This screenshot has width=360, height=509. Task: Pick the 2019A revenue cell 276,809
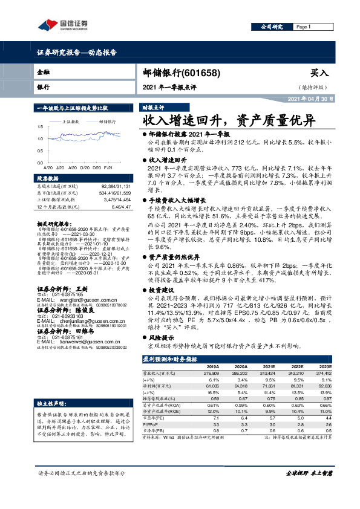pyautogui.click(x=211, y=357)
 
